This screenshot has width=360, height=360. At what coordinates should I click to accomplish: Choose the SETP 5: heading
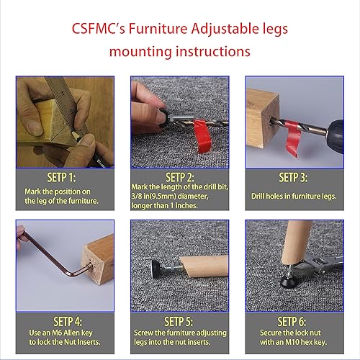(181, 318)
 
